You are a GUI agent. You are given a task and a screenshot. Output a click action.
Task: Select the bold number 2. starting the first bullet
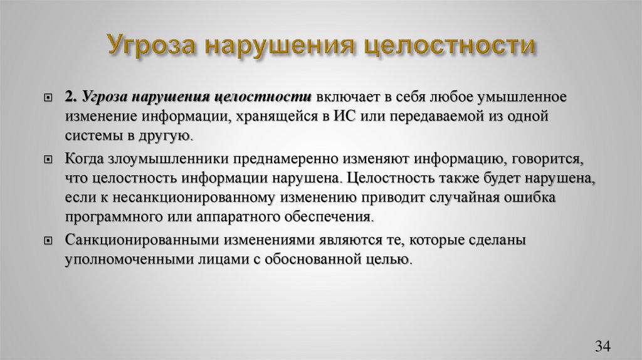pos(70,98)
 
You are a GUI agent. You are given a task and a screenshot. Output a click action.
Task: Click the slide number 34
pos(603,346)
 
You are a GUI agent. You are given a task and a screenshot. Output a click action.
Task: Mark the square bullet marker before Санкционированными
pos(48,241)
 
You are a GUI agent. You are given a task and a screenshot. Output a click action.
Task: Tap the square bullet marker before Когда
pos(48,160)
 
